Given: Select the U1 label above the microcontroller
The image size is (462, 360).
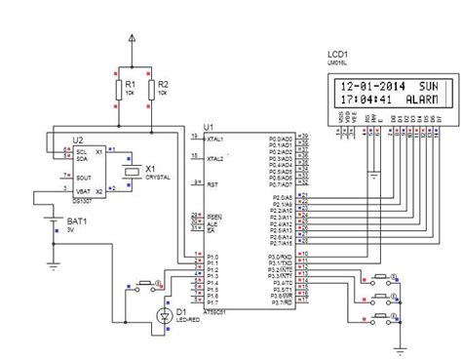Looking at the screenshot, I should click(x=208, y=126).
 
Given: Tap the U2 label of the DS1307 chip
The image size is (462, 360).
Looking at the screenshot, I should click(x=65, y=140).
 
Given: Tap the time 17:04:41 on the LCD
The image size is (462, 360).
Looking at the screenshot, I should click(x=362, y=99).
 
